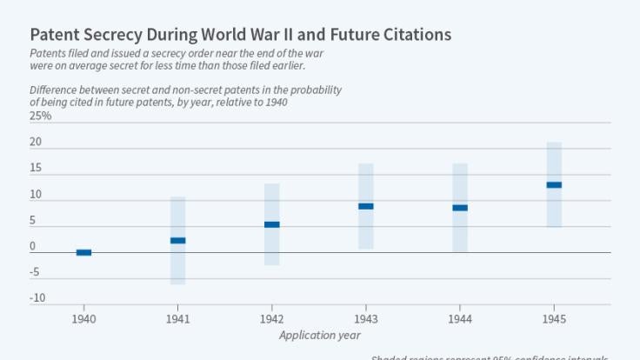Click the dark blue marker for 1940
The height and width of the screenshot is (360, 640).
coord(83,252)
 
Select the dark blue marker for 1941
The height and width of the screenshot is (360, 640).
coord(177,240)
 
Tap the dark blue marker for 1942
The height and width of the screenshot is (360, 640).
coord(271,224)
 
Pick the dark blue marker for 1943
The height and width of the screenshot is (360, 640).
coord(366,206)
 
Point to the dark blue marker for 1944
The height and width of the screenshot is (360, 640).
coord(460,208)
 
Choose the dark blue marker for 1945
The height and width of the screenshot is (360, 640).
coord(554,184)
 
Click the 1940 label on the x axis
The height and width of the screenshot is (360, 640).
coord(83,319)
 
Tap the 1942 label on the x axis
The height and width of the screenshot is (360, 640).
coord(271,319)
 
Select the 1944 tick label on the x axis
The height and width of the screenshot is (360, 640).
coord(460,319)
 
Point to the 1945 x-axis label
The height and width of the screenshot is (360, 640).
coord(554,319)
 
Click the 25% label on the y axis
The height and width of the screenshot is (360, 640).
coord(40,116)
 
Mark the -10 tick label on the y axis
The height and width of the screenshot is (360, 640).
coord(37,298)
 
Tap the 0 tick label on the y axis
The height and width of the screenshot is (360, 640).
coord(33,246)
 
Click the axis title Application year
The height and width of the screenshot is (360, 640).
coord(320,335)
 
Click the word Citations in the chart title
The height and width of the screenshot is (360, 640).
coord(418,35)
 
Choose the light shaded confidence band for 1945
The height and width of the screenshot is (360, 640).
coord(554,209)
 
